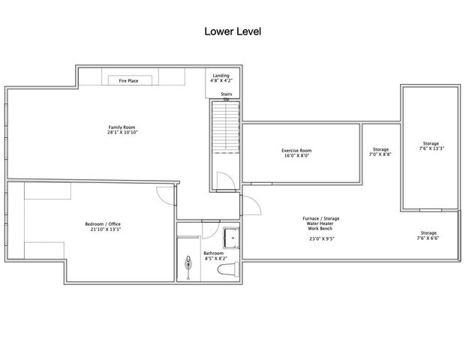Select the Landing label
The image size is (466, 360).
point(221,75)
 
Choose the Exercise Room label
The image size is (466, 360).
point(296,150)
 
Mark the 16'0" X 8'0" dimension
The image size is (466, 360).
point(296,155)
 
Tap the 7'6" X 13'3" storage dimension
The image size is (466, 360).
point(431,148)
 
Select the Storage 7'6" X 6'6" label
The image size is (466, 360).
point(428,235)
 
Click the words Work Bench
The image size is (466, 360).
point(321,229)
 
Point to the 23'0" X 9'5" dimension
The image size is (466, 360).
point(321,238)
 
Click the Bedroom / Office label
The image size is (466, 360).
point(103,224)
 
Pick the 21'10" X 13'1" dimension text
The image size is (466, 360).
point(103,229)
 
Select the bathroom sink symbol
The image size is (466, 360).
point(188,264)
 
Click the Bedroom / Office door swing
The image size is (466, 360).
point(164,193)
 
